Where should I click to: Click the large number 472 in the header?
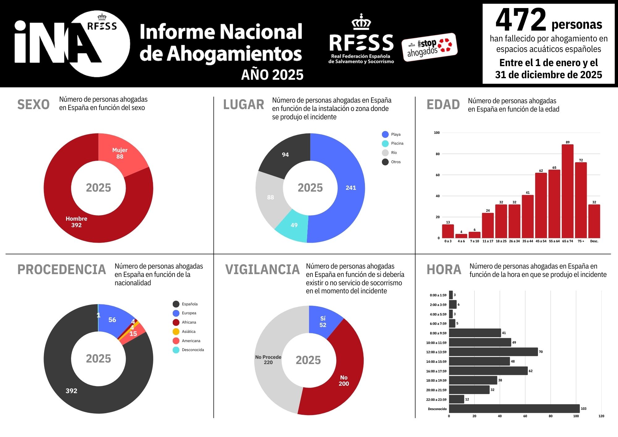coord(521,20)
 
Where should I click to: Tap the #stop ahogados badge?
coord(429,47)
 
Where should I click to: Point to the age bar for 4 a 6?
coord(461,236)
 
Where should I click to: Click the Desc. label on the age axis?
coord(594,241)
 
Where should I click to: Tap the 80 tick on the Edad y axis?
coord(438,154)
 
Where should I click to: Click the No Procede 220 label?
coord(268,360)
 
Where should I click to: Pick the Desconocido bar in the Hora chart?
coord(514,409)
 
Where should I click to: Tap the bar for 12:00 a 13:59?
coord(493,352)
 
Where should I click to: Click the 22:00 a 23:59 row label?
coord(436,400)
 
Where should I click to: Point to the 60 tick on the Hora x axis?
coord(525,416)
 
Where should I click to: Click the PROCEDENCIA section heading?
coord(61,269)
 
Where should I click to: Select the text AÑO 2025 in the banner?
coord(272,75)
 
